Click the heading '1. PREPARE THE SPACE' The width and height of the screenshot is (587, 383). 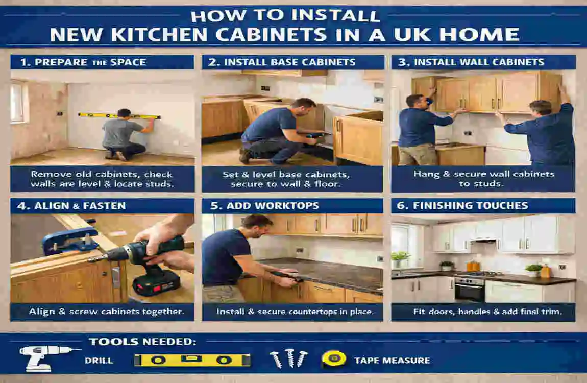point(83,62)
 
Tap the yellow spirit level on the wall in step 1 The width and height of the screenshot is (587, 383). point(119,116)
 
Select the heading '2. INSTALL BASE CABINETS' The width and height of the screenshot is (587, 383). point(282,62)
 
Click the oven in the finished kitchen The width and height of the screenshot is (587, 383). point(469,290)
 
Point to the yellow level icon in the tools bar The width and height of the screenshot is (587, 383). point(192,360)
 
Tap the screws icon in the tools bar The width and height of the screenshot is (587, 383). point(288,358)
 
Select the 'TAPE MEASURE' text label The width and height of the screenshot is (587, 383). point(392,361)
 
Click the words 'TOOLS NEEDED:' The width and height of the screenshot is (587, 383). point(142,342)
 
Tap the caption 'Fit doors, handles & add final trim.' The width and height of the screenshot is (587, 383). point(483,311)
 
